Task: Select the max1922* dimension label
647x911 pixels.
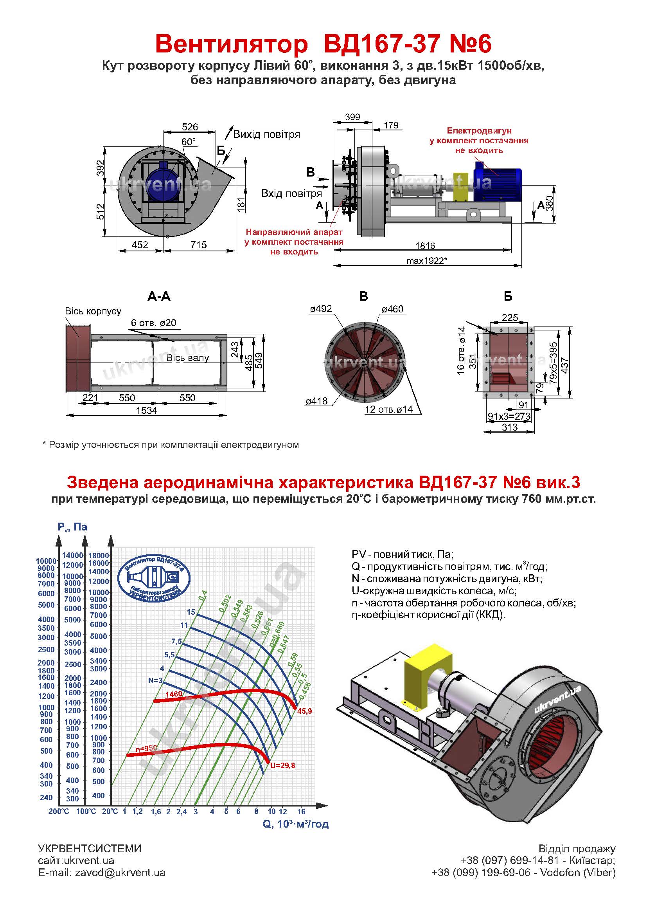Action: click(427, 261)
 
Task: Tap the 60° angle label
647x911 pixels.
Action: click(189, 142)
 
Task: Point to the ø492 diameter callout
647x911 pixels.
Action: click(321, 309)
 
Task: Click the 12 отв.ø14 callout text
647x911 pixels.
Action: click(389, 409)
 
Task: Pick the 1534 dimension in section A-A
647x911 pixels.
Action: click(147, 410)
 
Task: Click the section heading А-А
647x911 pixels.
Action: click(159, 296)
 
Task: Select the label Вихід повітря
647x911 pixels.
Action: click(266, 134)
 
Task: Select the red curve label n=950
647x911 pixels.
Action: click(146, 749)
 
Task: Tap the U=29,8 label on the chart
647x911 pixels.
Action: click(282, 765)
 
